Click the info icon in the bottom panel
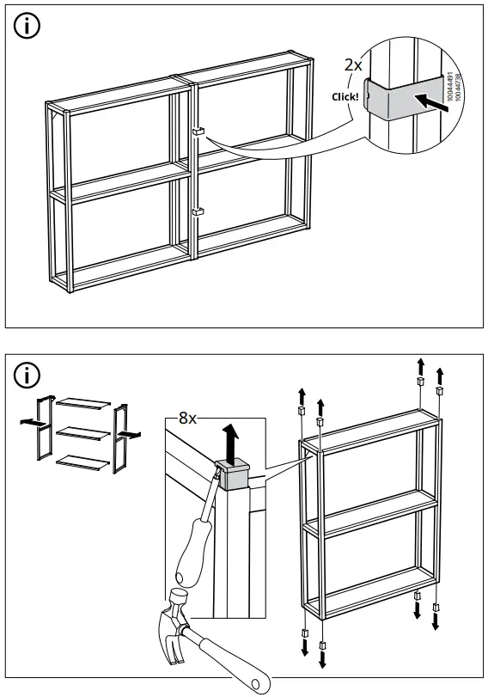pyautogui.click(x=29, y=376)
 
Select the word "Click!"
pyautogui.click(x=345, y=97)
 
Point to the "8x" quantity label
pyautogui.click(x=187, y=419)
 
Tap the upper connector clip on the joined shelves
pyautogui.click(x=197, y=132)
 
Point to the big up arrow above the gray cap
pyautogui.click(x=230, y=440)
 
